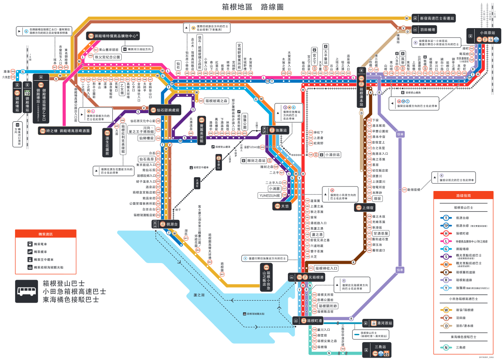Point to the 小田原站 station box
pyautogui.click(x=487, y=33)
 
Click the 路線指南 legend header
pyautogui.click(x=466, y=196)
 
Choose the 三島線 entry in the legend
pyautogui.click(x=462, y=347)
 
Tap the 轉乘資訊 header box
pyautogui.click(x=45, y=235)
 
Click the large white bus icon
pyautogui.click(x=27, y=291)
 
